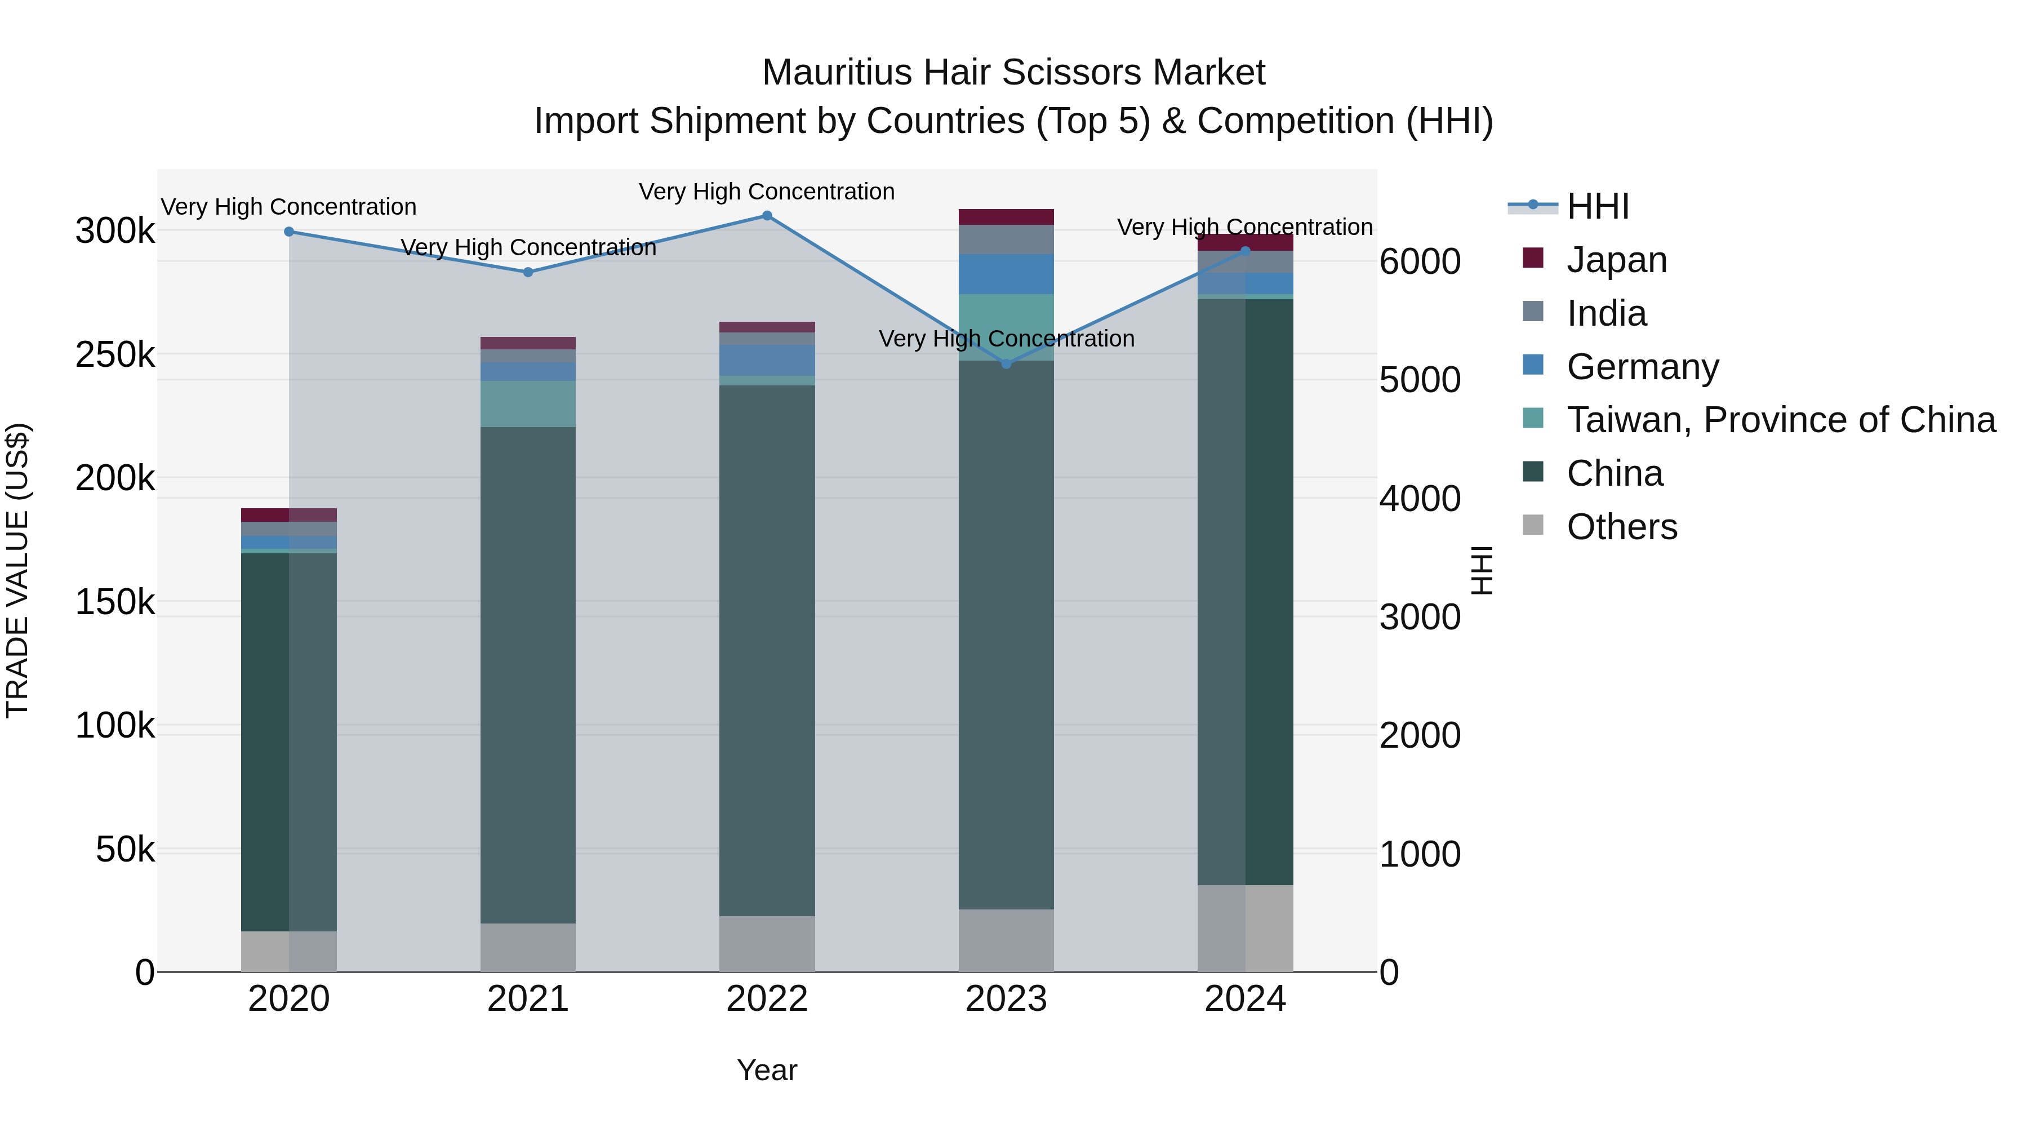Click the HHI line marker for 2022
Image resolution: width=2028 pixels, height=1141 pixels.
(x=767, y=216)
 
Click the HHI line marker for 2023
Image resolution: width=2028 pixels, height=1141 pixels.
(x=1006, y=364)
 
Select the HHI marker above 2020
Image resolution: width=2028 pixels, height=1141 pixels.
(x=289, y=232)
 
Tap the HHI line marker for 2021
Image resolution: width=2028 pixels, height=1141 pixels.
(x=528, y=273)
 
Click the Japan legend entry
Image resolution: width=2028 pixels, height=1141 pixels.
(x=1616, y=260)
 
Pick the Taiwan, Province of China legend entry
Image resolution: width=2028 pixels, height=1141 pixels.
(x=1780, y=420)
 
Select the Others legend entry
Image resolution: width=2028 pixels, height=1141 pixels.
(x=1622, y=527)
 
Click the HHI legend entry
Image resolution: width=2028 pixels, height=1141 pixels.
(x=1598, y=206)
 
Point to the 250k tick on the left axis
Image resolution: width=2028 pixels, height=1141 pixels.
(x=115, y=355)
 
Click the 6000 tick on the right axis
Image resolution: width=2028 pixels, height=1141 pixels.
(x=1420, y=261)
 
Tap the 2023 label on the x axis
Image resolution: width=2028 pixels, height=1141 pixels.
(x=1006, y=999)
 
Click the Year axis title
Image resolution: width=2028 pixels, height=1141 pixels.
(x=767, y=1070)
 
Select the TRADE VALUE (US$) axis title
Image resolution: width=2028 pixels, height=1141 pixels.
(x=17, y=570)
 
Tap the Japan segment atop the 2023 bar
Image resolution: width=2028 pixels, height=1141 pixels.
(x=1006, y=217)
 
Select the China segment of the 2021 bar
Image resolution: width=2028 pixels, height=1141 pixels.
(x=528, y=675)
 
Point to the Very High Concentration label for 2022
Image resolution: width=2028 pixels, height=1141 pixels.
(x=767, y=192)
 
